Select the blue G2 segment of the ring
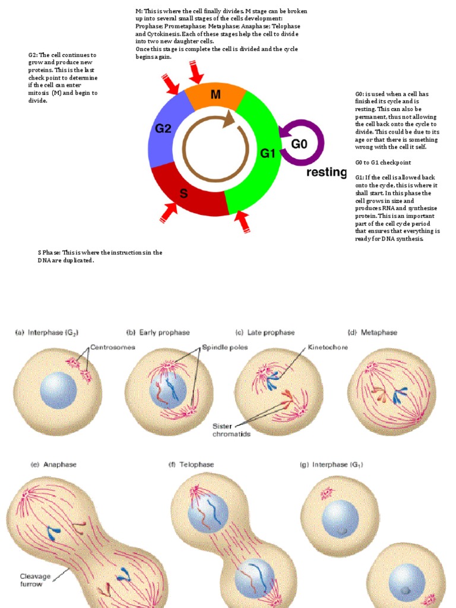(x=163, y=128)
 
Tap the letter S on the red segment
(x=184, y=193)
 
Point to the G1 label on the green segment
(x=268, y=154)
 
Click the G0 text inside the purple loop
(x=300, y=143)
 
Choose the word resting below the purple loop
(x=326, y=173)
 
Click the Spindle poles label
(x=222, y=347)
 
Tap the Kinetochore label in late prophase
(x=328, y=347)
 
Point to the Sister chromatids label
(x=232, y=430)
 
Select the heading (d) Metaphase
(x=372, y=332)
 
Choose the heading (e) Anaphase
(x=53, y=464)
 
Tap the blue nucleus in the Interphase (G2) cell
(x=58, y=391)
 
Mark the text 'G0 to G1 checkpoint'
(x=383, y=162)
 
